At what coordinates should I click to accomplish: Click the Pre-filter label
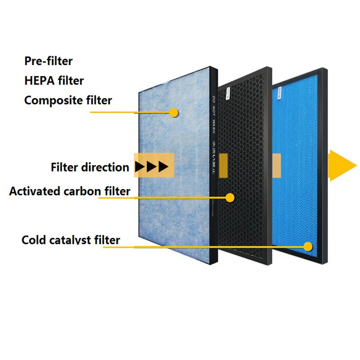(48, 61)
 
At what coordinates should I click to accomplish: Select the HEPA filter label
(54, 81)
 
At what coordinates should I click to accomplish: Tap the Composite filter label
(68, 100)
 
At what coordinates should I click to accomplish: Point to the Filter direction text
(90, 167)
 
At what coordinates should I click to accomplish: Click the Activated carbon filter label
(70, 191)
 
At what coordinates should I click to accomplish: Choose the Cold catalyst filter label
(71, 240)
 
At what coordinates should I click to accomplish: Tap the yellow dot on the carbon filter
(230, 197)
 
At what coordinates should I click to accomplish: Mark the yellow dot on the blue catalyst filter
(308, 246)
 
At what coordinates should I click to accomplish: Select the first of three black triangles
(140, 167)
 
